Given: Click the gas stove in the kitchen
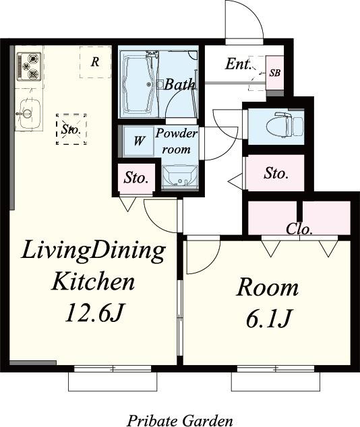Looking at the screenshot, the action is coord(29,67).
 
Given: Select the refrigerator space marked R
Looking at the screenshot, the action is coord(95,62).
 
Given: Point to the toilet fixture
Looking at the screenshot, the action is coord(289,124).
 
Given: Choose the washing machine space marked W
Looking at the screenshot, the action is coord(138,141).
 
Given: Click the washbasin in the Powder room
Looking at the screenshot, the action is coord(179,176).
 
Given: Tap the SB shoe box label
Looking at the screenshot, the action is coord(274,73).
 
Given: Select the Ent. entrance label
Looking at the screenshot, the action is coord(238,64).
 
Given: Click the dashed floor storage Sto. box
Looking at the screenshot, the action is coord(71,129).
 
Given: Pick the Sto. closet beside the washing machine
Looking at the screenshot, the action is coord(136,178).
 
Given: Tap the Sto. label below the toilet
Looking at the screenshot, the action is coord(276,173).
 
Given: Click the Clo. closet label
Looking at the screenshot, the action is coord(299,230).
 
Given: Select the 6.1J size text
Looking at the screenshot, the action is coord(269,319).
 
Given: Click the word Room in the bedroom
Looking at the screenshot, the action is coord(268,288).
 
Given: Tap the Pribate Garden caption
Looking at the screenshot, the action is coord(180,421).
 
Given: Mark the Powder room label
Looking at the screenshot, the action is coord(177,141).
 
